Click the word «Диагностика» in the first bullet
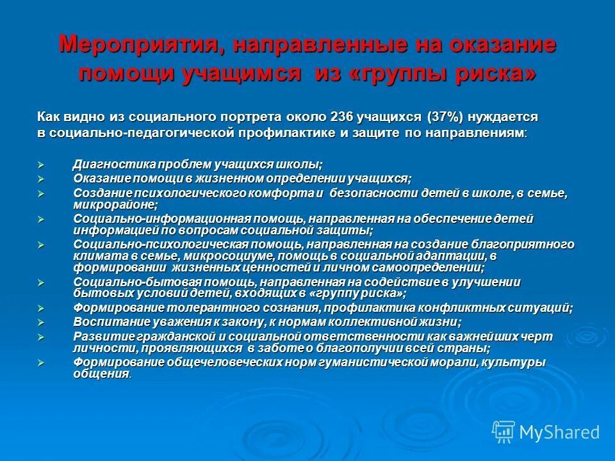[x=110, y=165]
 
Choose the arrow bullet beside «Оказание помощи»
[x=41, y=179]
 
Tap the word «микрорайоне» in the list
[x=114, y=205]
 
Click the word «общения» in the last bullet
[x=101, y=374]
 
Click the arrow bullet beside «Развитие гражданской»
[x=41, y=337]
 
